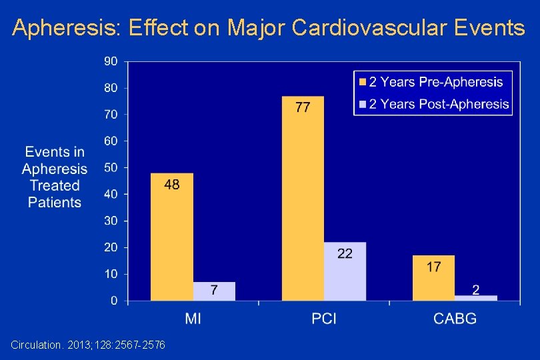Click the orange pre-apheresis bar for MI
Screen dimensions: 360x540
pyautogui.click(x=171, y=237)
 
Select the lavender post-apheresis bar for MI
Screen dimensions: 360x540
pyautogui.click(x=214, y=291)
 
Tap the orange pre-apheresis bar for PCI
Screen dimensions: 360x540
pyautogui.click(x=303, y=200)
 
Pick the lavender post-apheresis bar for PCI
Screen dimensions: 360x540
pyautogui.click(x=345, y=271)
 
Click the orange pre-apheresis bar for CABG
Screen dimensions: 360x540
pyautogui.click(x=433, y=278)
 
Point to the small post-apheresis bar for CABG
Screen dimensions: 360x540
pyautogui.click(x=476, y=298)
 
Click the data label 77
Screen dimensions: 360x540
pyautogui.click(x=303, y=107)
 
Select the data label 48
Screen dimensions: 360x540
pyautogui.click(x=171, y=185)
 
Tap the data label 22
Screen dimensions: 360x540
pyautogui.click(x=345, y=253)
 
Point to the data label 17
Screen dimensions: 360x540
pyautogui.click(x=433, y=267)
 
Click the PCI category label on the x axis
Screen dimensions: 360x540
pyautogui.click(x=324, y=319)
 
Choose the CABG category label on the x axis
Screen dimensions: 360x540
pyautogui.click(x=455, y=319)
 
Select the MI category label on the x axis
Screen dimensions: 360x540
pyautogui.click(x=193, y=319)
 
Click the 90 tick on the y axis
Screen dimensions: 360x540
pyautogui.click(x=111, y=61)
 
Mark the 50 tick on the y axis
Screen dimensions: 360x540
pyautogui.click(x=111, y=168)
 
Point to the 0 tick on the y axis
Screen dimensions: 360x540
pyautogui.click(x=113, y=301)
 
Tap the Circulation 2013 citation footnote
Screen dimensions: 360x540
pyautogui.click(x=88, y=345)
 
